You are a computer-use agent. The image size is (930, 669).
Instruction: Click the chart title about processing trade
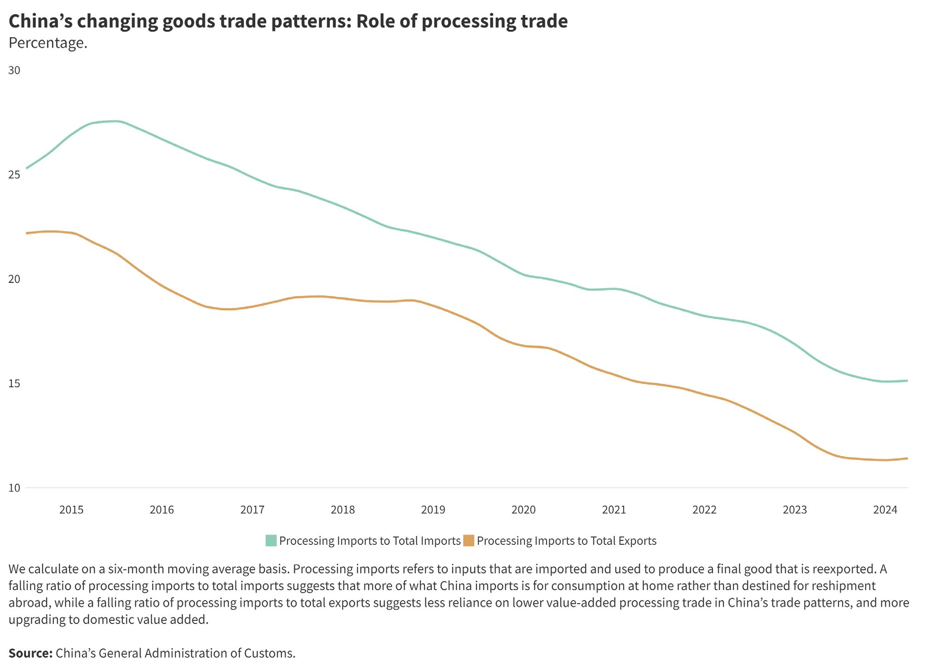coord(288,21)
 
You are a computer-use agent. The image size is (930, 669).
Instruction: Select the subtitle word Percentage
coord(48,43)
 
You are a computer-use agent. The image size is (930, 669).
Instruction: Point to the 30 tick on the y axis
coord(14,70)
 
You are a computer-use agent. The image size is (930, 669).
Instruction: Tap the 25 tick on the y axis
coord(14,175)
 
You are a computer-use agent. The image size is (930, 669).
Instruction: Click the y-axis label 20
coord(14,279)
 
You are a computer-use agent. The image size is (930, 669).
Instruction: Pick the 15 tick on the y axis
coord(14,383)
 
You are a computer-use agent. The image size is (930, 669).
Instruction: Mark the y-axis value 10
coord(14,488)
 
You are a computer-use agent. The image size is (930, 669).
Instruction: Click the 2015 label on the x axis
coord(71,510)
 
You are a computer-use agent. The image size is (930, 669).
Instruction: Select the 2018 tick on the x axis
coord(343,510)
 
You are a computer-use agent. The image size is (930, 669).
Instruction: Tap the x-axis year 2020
coord(524,510)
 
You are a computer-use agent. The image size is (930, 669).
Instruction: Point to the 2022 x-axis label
coord(704,510)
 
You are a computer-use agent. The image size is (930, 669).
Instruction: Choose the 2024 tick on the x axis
coord(885,510)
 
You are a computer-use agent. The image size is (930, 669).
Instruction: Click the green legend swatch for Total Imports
coord(271,541)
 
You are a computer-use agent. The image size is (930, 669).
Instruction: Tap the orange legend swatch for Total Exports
coord(469,541)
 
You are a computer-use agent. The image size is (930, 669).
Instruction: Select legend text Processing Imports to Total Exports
coord(567,541)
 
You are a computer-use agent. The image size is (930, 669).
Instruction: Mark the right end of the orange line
coord(907,458)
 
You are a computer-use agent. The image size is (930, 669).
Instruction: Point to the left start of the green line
coord(27,168)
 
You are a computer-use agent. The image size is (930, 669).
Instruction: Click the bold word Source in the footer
coord(30,653)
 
